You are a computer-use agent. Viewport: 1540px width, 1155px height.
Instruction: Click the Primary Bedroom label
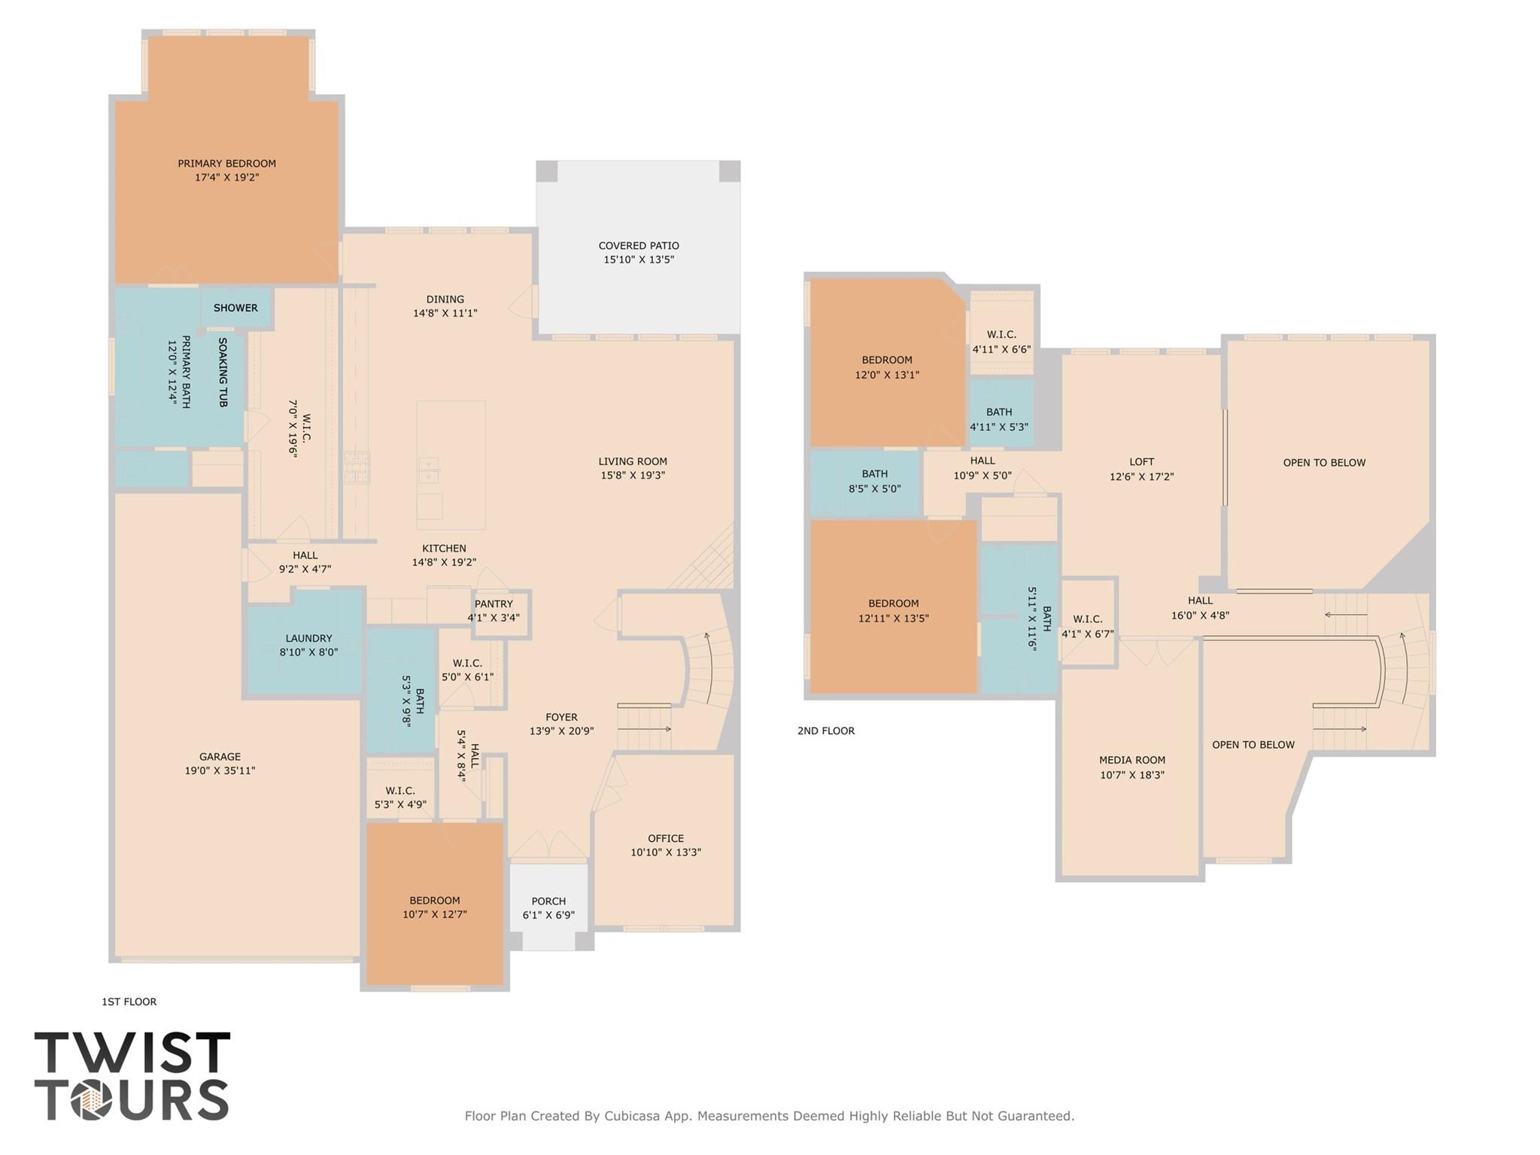click(x=226, y=163)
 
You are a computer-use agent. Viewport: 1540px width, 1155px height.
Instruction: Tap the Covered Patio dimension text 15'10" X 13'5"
click(x=639, y=260)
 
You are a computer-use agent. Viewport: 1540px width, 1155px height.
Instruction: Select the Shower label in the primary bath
click(x=235, y=308)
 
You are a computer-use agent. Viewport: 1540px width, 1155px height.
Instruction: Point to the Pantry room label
click(x=494, y=603)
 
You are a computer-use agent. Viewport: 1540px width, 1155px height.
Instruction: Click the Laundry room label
click(x=308, y=638)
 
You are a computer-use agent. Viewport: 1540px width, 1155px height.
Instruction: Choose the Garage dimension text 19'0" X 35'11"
click(x=220, y=771)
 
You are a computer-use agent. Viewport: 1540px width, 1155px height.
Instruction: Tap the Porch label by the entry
click(x=548, y=901)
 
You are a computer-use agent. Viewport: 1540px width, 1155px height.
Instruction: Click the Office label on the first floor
click(x=666, y=838)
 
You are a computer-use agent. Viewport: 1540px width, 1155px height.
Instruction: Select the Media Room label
click(x=1131, y=760)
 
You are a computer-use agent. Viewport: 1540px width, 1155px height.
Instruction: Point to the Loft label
click(x=1141, y=462)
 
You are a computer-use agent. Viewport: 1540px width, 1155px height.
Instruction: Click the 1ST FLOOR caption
click(x=129, y=1002)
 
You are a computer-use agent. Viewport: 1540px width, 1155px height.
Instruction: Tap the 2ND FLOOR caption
click(x=826, y=731)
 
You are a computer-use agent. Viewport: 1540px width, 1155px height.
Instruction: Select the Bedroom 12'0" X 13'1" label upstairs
click(x=887, y=360)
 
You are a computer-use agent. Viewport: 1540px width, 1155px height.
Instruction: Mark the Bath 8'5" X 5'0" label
click(x=874, y=474)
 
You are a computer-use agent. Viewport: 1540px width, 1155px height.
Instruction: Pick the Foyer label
click(x=561, y=717)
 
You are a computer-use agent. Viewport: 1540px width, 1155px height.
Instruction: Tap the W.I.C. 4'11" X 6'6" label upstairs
click(x=1001, y=335)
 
